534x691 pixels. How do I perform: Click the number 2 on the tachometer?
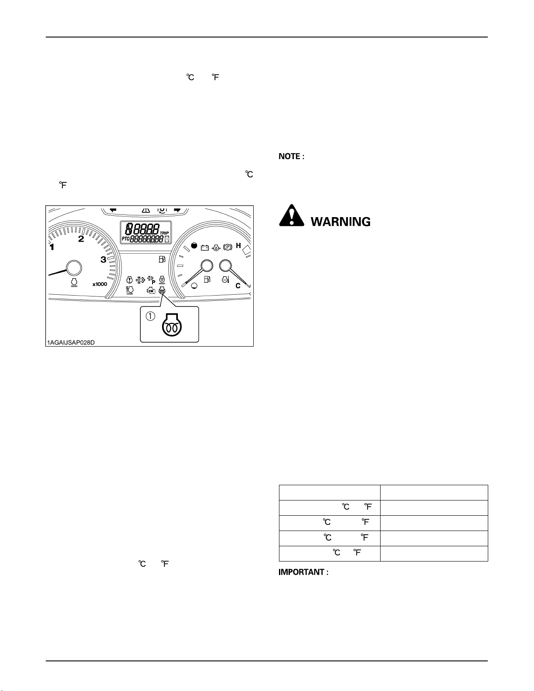81,239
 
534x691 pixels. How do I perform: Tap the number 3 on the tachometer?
103,260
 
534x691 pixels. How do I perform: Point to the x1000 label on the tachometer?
99,284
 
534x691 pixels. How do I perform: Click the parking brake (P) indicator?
227,247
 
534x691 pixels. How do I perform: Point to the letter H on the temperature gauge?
238,246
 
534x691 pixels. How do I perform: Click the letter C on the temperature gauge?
238,286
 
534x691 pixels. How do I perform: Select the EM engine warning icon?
150,291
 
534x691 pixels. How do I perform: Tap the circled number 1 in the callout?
150,317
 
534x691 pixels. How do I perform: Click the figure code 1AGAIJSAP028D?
70,343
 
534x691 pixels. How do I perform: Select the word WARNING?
340,222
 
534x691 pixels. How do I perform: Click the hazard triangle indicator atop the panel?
146,210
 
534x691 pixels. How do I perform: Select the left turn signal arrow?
113,210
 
